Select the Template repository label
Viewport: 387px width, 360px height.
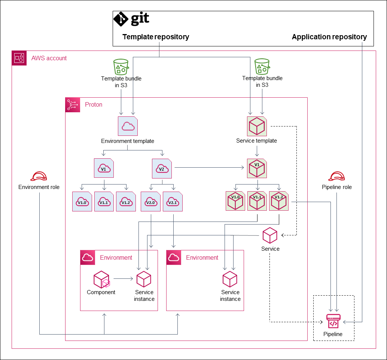[156, 37]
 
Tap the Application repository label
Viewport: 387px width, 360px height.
[329, 37]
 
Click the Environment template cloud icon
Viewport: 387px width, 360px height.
[128, 126]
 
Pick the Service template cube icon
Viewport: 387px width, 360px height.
[257, 126]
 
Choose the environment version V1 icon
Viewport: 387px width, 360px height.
[104, 168]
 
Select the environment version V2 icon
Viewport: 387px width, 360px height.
[161, 168]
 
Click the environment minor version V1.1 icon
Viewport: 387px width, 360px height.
[104, 202]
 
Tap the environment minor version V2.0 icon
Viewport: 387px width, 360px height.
[150, 202]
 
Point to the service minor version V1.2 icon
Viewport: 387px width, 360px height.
[278, 201]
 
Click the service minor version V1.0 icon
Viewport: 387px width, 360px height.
[235, 201]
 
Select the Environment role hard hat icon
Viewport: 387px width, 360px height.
[39, 177]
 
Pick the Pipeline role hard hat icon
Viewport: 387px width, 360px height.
[336, 177]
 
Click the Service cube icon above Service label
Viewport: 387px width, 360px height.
[270, 236]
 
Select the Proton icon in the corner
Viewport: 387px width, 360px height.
[73, 105]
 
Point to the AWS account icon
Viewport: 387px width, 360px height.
[19, 58]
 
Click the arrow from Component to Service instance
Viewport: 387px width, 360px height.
[124, 278]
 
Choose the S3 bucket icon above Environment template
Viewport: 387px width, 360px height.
[121, 67]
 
